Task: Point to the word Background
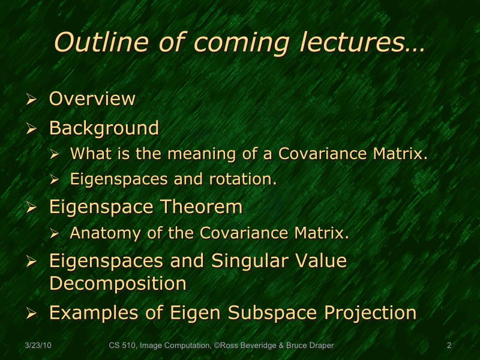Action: point(104,128)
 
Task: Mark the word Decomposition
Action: point(118,283)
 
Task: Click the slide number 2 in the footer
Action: point(449,346)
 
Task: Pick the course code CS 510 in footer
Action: point(122,346)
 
